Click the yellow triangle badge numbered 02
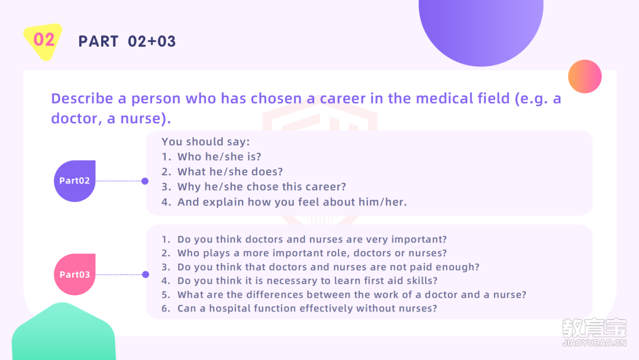click(x=43, y=41)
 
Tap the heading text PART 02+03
click(x=127, y=41)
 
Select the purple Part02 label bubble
click(x=75, y=181)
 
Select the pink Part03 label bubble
click(x=75, y=274)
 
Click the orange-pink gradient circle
click(x=585, y=76)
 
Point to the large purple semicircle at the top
click(x=481, y=28)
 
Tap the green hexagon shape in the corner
click(x=63, y=332)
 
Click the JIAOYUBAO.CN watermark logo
click(x=594, y=332)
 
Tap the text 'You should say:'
click(x=205, y=142)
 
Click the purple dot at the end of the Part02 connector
click(x=145, y=181)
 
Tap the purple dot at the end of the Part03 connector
click(x=146, y=274)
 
